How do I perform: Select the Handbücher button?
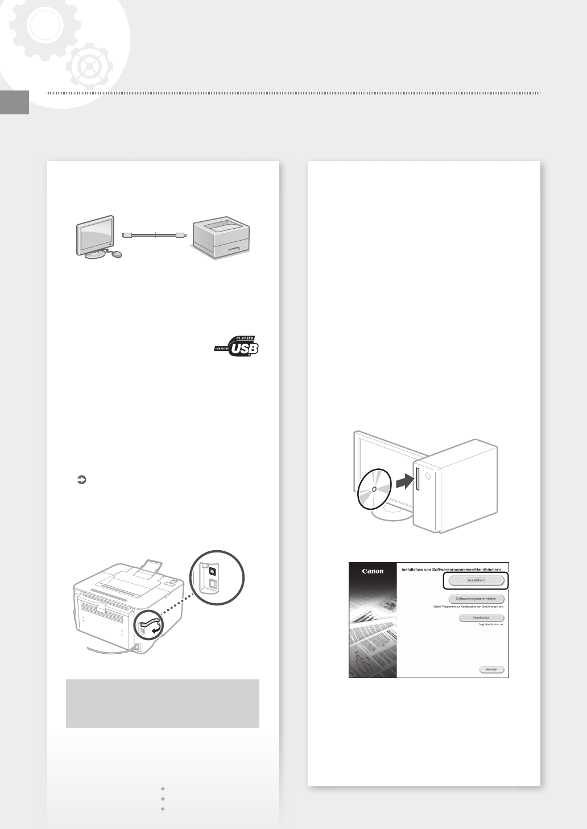[x=482, y=618]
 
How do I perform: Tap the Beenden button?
[x=491, y=670]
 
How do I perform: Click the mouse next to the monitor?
[x=117, y=254]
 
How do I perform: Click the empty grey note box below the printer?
[x=162, y=703]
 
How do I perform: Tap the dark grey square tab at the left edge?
[x=14, y=102]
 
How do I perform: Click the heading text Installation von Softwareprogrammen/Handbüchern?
[x=454, y=568]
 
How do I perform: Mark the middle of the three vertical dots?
[x=163, y=799]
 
